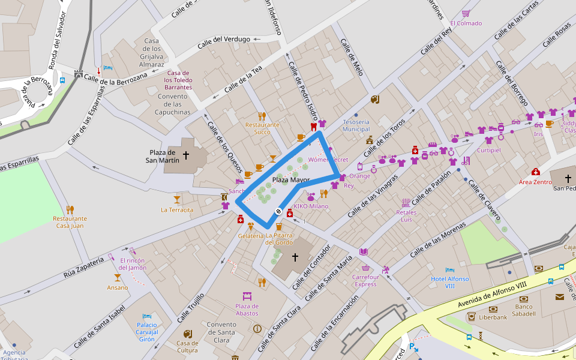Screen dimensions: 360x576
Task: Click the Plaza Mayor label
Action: click(291, 179)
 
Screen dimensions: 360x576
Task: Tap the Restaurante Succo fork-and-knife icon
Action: click(262, 116)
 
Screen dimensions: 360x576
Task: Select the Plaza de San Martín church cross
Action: click(186, 155)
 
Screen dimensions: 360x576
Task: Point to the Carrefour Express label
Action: click(365, 280)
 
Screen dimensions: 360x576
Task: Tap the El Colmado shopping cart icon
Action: click(466, 13)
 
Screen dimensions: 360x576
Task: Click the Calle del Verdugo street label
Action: click(224, 39)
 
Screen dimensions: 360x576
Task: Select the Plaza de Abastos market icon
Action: click(247, 296)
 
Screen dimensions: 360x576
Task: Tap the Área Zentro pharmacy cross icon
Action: click(535, 172)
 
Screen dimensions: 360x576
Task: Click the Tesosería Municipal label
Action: click(356, 125)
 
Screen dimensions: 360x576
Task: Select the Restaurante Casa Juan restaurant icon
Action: click(70, 209)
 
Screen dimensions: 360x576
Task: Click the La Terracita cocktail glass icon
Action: click(177, 199)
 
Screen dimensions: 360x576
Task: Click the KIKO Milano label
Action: click(311, 206)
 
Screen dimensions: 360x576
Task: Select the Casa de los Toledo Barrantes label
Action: click(178, 80)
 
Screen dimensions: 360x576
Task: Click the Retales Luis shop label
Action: click(406, 215)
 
